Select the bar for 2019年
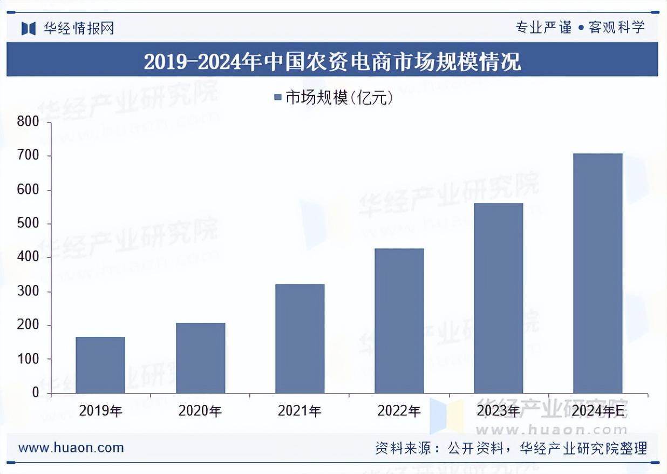100,365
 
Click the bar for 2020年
200,358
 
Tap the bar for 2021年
300,338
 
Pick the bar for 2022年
399,321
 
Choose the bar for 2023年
499,298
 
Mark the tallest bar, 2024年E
597,273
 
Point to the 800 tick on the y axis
28,122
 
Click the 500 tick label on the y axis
28,224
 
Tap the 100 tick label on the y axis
28,359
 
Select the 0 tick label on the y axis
35,392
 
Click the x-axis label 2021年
300,411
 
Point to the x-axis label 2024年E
597,411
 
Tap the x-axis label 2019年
100,411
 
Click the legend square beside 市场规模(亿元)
278,98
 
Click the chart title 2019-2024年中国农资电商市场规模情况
332,61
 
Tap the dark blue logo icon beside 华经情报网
29,28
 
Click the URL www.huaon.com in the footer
71,448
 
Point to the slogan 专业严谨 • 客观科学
580,28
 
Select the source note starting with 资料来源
511,448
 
